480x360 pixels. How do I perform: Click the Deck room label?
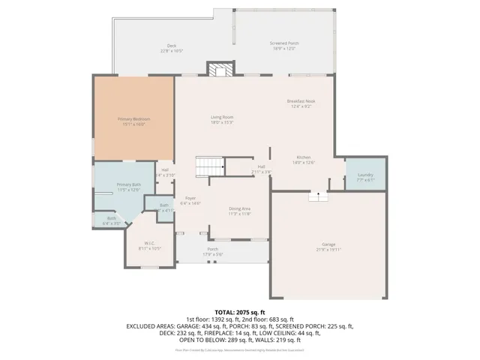click(172, 46)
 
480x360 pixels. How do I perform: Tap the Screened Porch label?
click(284, 43)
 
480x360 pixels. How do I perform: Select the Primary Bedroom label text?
click(133, 119)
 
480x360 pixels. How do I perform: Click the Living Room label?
click(221, 117)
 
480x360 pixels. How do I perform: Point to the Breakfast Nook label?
click(299, 101)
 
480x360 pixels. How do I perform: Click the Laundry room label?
click(365, 175)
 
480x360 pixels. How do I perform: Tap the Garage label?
click(328, 244)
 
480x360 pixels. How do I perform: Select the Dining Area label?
click(239, 209)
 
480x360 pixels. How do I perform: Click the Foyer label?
click(190, 198)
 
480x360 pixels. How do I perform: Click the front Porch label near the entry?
click(213, 249)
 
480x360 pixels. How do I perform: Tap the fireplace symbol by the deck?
click(220, 70)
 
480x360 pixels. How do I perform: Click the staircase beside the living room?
click(211, 165)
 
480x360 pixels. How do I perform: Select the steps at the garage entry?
click(318, 196)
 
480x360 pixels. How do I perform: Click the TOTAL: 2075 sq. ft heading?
click(240, 311)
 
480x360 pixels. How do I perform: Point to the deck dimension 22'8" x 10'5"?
click(172, 51)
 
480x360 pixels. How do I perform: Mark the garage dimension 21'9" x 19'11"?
click(328, 250)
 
